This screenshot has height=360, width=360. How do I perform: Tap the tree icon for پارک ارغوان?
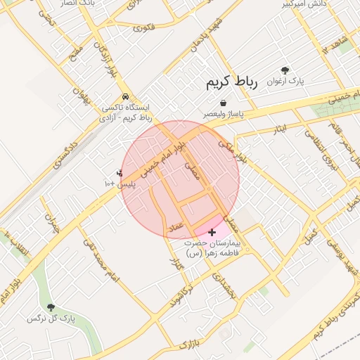click(285, 70)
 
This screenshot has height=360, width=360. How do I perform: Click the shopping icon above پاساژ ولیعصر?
click(223, 103)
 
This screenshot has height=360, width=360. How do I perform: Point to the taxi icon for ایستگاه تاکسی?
click(125, 96)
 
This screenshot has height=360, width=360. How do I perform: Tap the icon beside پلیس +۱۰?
click(120, 172)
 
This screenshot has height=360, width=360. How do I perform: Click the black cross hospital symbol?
click(212, 231)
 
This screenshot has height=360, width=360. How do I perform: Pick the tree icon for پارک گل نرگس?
click(51, 307)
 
